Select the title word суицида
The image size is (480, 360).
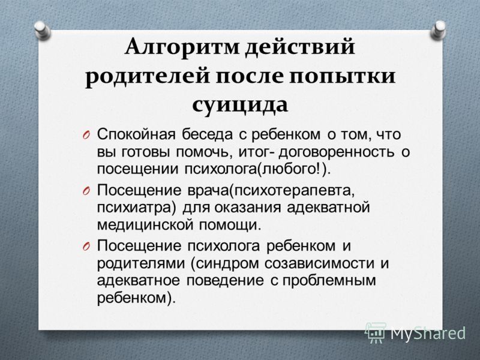click(240, 106)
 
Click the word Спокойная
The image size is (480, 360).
click(136, 135)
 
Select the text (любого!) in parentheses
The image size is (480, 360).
click(293, 170)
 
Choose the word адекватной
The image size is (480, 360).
click(328, 208)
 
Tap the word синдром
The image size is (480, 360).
click(225, 263)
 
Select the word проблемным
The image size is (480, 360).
click(329, 281)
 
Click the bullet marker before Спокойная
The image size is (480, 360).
click(86, 135)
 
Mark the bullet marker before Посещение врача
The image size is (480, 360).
click(86, 191)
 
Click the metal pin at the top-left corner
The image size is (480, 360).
click(42, 30)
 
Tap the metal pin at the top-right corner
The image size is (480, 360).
click(438, 30)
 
